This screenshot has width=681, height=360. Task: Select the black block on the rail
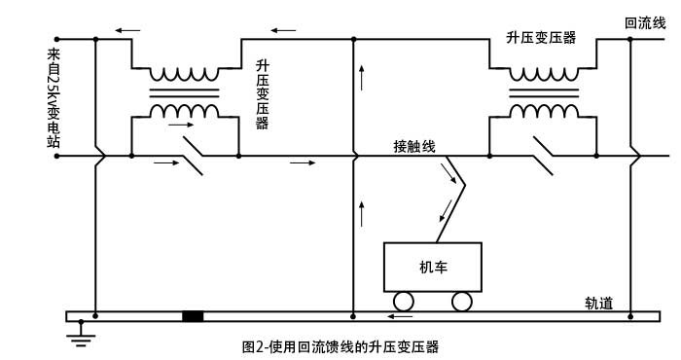coord(193,316)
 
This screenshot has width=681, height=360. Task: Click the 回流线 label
coord(644,22)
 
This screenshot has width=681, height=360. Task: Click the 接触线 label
coord(413,146)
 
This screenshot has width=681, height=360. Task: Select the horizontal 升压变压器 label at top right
coord(541,38)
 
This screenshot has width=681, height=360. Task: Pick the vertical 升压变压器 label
coord(262,94)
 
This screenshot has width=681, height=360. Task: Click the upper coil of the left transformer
coord(184,75)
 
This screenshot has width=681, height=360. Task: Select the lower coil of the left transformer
coord(184,110)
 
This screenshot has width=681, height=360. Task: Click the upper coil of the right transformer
coord(542,75)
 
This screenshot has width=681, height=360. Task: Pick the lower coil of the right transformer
coord(542,110)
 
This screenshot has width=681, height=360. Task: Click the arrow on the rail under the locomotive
coord(399,316)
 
